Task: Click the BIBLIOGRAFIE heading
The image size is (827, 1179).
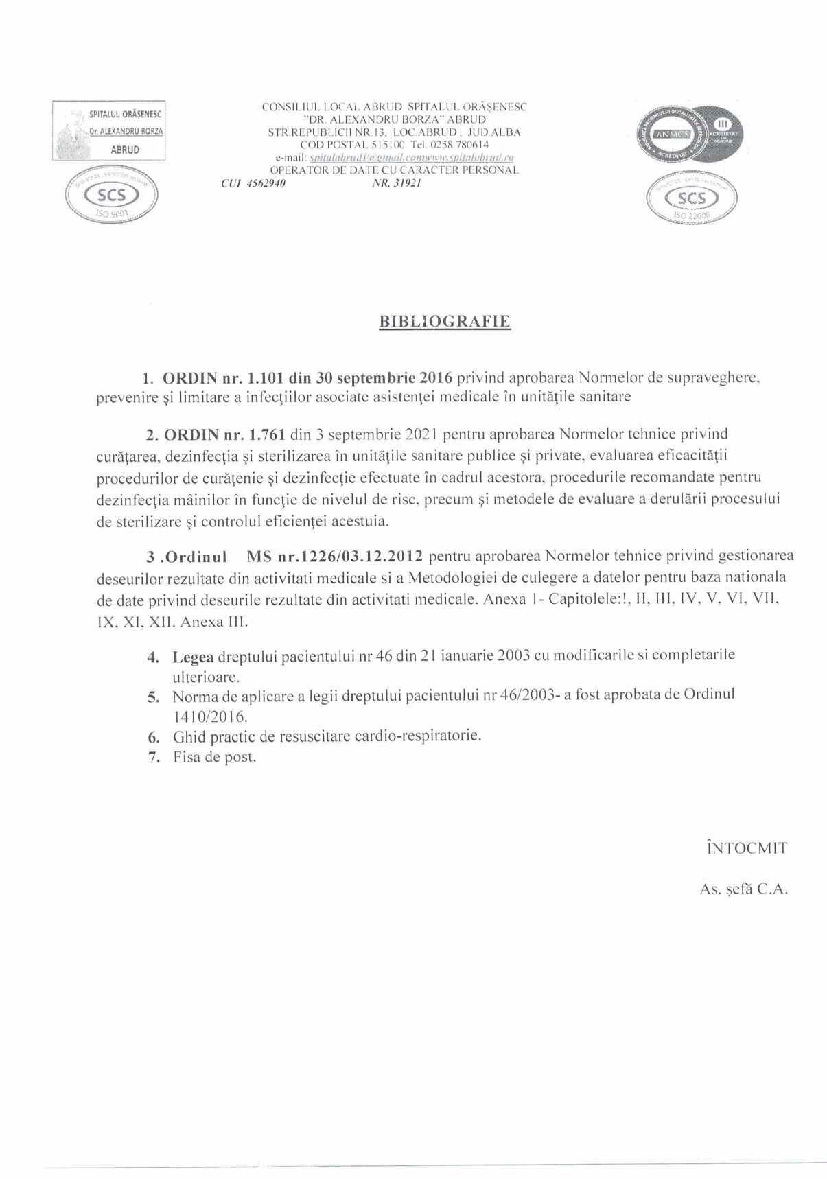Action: tap(444, 322)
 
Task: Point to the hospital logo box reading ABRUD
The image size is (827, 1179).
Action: tap(110, 130)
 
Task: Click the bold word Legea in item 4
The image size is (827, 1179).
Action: tap(193, 656)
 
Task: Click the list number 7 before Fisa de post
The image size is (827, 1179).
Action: tap(154, 758)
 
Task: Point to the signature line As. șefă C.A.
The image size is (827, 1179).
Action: tap(743, 889)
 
